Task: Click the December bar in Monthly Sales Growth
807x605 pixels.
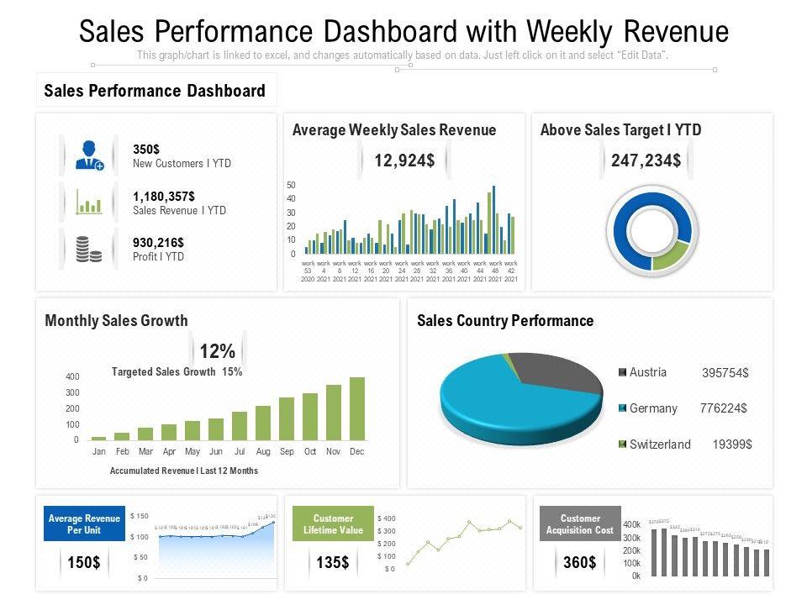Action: pyautogui.click(x=357, y=408)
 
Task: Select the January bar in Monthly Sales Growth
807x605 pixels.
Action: pyautogui.click(x=99, y=438)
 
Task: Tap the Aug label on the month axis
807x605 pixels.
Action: pyautogui.click(x=263, y=452)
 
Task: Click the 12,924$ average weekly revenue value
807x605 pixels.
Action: pyautogui.click(x=404, y=160)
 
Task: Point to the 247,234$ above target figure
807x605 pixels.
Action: pyautogui.click(x=646, y=160)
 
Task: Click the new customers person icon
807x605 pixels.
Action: pyautogui.click(x=88, y=155)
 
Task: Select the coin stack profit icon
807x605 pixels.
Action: pyautogui.click(x=88, y=250)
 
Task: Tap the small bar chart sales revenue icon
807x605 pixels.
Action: pyautogui.click(x=88, y=203)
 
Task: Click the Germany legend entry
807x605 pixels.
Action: pyautogui.click(x=653, y=408)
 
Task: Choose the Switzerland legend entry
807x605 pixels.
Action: pyautogui.click(x=660, y=445)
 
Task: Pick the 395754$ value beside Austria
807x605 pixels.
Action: pyautogui.click(x=725, y=373)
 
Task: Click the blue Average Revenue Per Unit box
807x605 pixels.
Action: pyautogui.click(x=85, y=524)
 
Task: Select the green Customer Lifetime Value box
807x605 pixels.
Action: pyautogui.click(x=333, y=524)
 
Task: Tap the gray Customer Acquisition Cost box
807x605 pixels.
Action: pyautogui.click(x=580, y=524)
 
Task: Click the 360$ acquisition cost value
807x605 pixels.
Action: pyautogui.click(x=580, y=562)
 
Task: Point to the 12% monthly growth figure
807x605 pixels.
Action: pyautogui.click(x=217, y=351)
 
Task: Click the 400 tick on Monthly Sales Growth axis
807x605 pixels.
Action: pyautogui.click(x=72, y=377)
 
